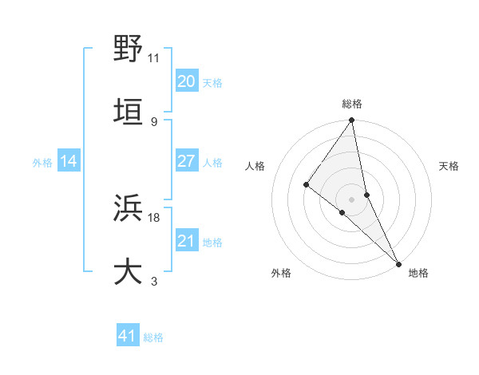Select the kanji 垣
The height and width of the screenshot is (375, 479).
pos(128,112)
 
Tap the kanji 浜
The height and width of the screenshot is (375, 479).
pos(128,209)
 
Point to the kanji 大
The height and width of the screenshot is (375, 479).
pos(128,271)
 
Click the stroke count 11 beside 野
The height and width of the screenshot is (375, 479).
pos(154,58)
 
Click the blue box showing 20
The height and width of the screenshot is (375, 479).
pos(186,81)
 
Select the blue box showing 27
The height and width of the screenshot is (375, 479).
pos(186,161)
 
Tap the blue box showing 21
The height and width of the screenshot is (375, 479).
pos(186,241)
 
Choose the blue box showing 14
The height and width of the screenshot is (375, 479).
pos(69,161)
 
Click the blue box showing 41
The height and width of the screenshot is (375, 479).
pos(128,336)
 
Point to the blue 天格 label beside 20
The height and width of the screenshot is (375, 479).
pos(212,82)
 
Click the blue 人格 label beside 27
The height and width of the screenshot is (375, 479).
pos(212,163)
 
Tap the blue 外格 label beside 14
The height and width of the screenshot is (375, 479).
pos(42,163)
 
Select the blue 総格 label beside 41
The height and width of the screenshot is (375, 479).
pos(153,337)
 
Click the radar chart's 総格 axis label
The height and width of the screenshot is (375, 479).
pos(352,104)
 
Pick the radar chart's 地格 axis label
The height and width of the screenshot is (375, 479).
pos(418,273)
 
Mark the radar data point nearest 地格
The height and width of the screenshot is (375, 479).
pos(398,262)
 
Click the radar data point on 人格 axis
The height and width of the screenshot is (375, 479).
pos(306,184)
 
